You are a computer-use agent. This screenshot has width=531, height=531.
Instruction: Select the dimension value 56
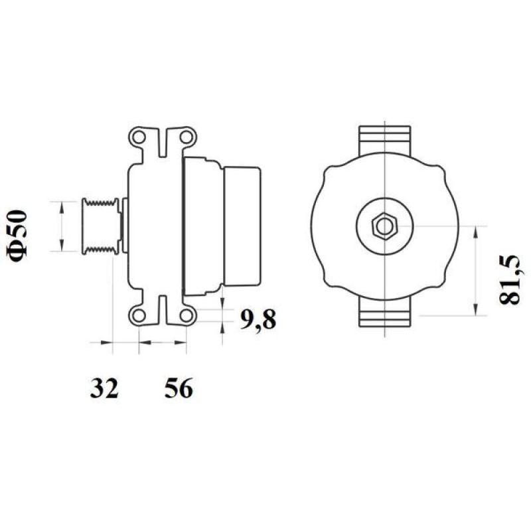point(178,389)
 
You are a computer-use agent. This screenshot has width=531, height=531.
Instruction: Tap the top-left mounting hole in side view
point(139,138)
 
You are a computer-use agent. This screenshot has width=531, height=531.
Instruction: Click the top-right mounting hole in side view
point(187,138)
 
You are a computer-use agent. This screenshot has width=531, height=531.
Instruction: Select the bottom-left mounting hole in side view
point(139,314)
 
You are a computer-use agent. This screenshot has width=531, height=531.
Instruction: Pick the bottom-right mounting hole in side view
point(187,314)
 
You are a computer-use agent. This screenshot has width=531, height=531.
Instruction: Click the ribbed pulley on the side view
point(100,226)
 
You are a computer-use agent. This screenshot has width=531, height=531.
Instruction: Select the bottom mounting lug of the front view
point(385,313)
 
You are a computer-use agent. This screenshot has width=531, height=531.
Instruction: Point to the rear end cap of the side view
point(242,226)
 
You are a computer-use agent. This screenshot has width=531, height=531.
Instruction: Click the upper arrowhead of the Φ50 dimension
point(62,205)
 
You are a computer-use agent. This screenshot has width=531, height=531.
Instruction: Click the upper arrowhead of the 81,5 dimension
point(476,230)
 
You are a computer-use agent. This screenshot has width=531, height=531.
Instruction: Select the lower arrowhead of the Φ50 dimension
point(62,247)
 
